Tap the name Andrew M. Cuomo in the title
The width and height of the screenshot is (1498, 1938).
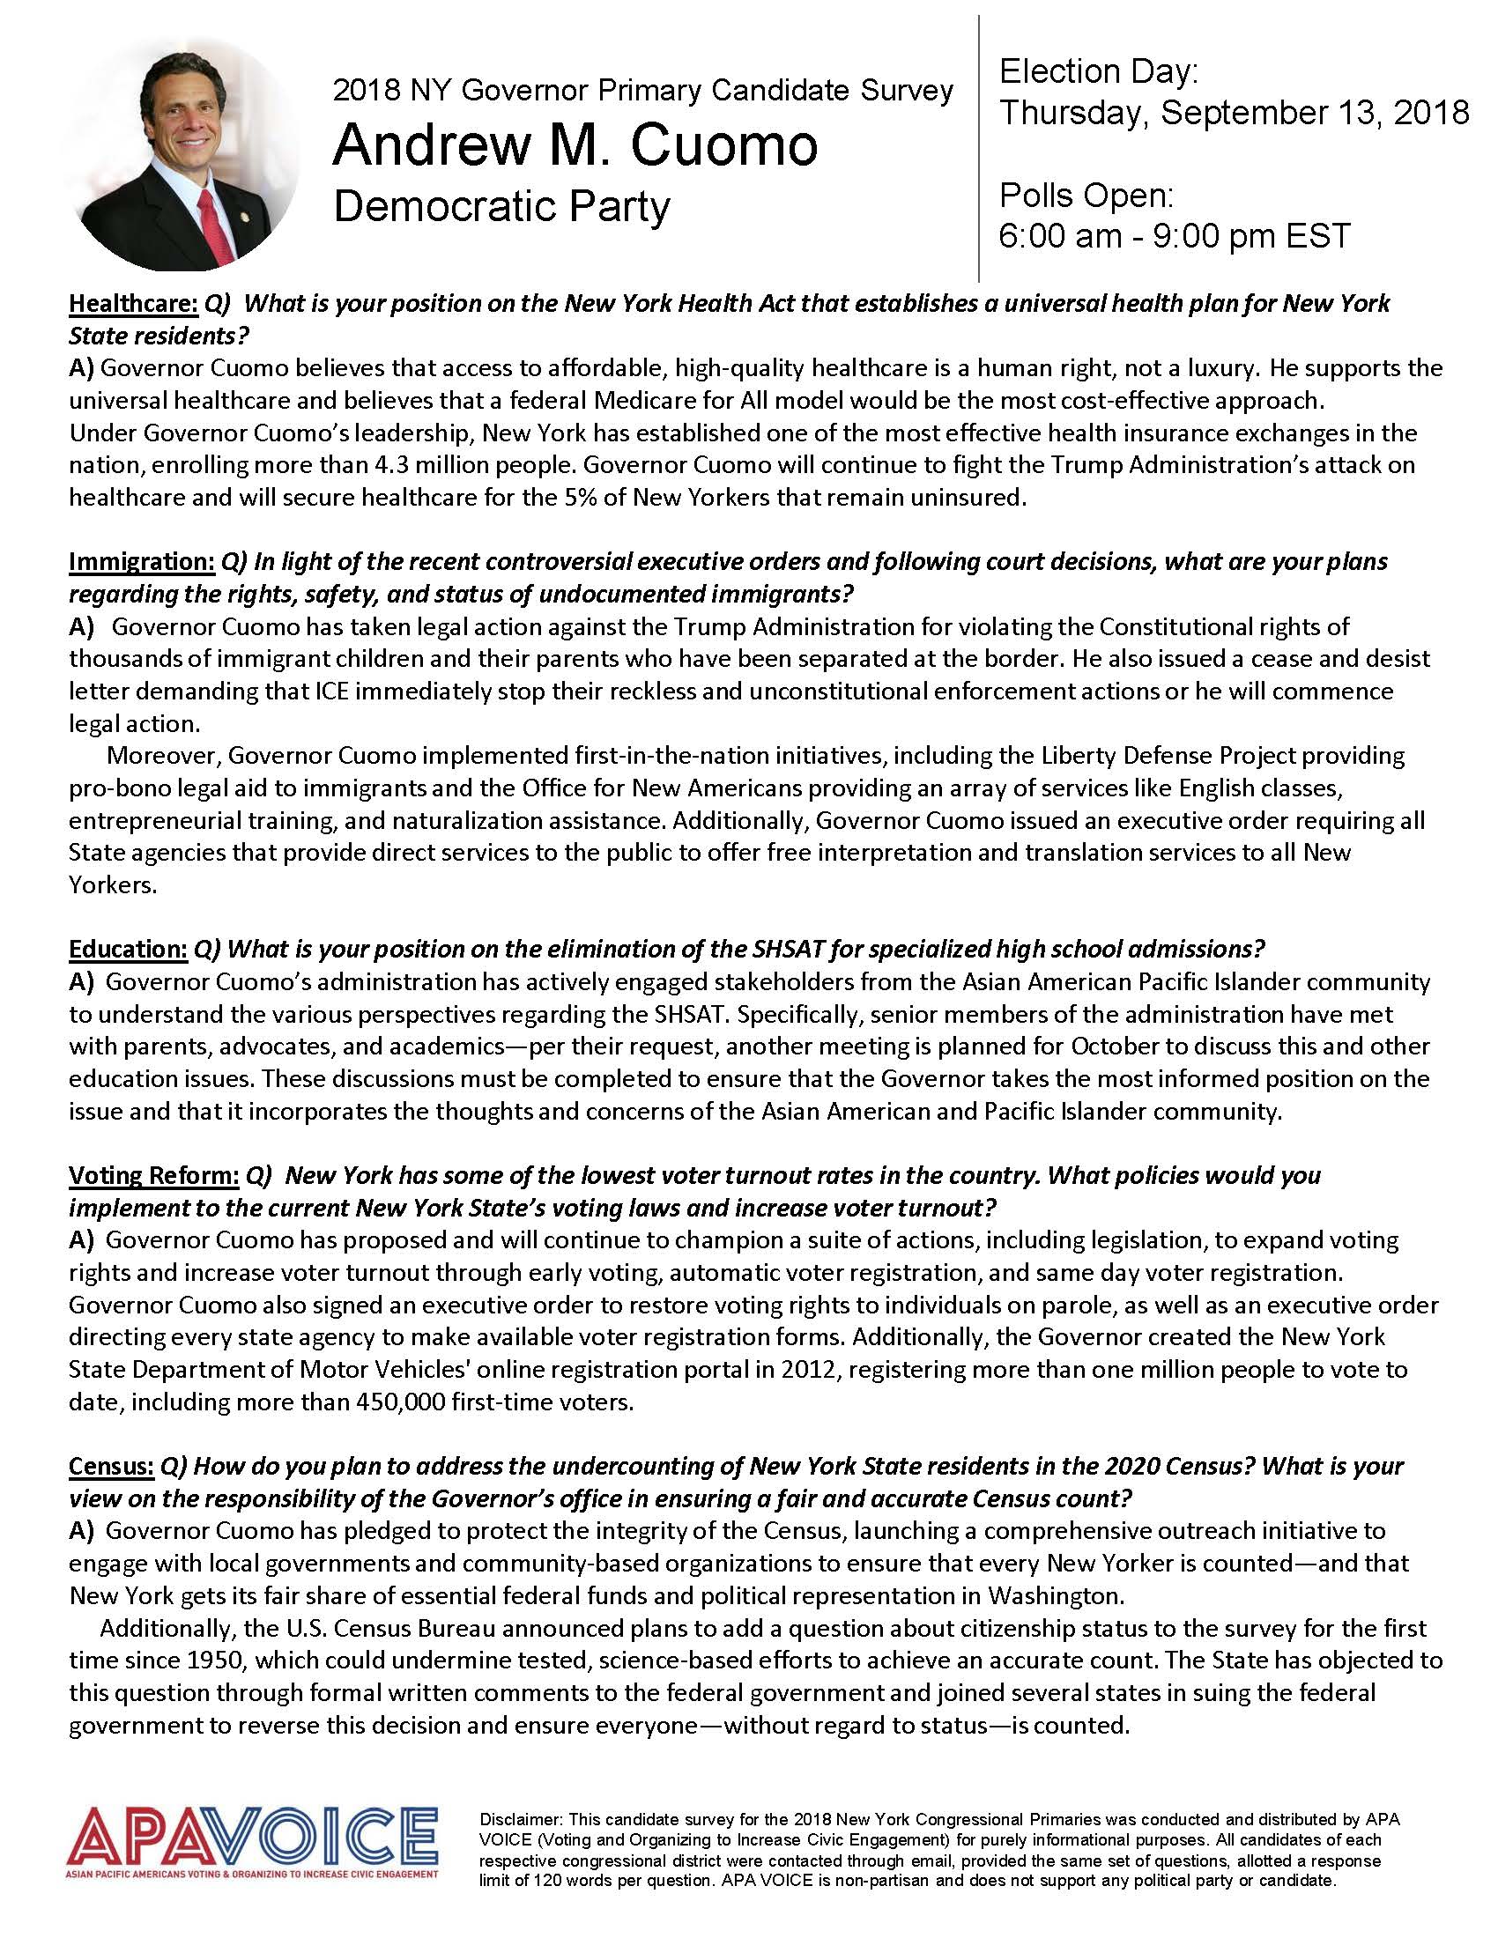[575, 145]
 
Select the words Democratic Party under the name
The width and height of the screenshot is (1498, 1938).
[501, 207]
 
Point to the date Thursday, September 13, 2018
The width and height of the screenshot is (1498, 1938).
[1234, 113]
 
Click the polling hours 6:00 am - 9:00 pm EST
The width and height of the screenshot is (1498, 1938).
[1174, 235]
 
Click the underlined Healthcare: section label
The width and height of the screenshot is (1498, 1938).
[133, 304]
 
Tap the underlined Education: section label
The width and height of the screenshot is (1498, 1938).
[128, 949]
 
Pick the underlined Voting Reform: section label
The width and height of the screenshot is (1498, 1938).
[153, 1175]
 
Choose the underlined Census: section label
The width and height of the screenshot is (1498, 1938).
[111, 1465]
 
